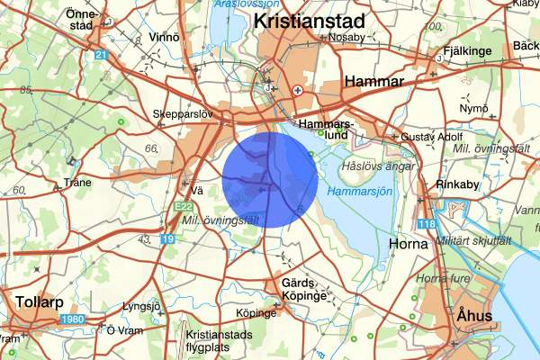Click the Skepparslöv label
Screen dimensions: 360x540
[x=186, y=115]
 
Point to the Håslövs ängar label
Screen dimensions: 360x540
[x=378, y=166]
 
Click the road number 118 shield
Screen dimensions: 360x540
[x=426, y=224]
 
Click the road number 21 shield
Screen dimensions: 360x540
[x=102, y=55]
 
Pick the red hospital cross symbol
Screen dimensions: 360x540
[x=297, y=90]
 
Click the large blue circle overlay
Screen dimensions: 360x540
[x=269, y=177]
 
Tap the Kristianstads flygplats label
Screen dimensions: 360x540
[x=215, y=342]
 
